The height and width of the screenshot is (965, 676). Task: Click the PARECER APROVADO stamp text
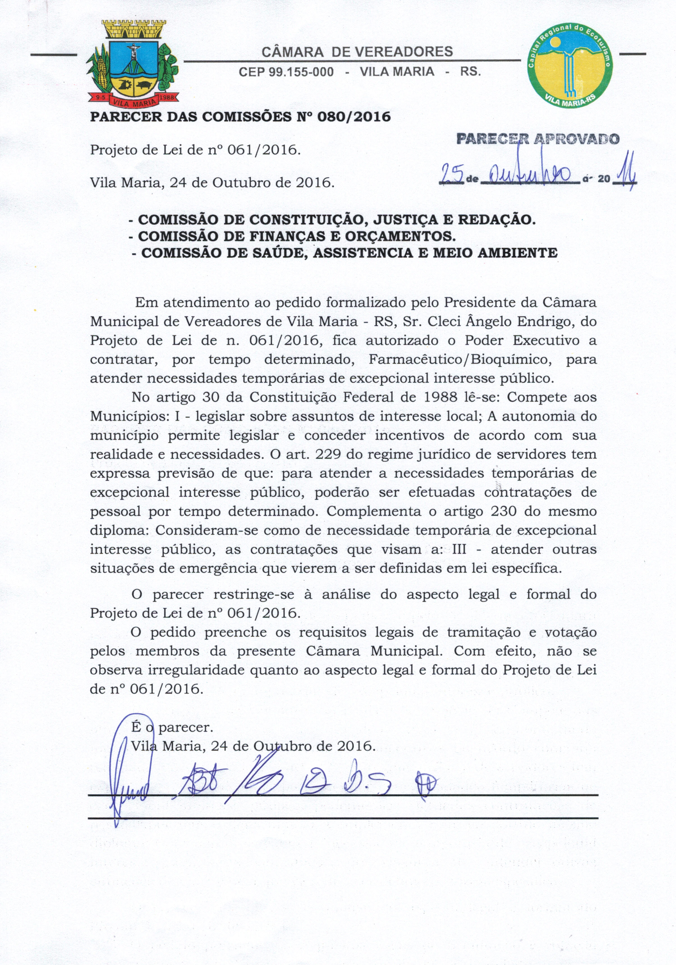click(538, 139)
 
